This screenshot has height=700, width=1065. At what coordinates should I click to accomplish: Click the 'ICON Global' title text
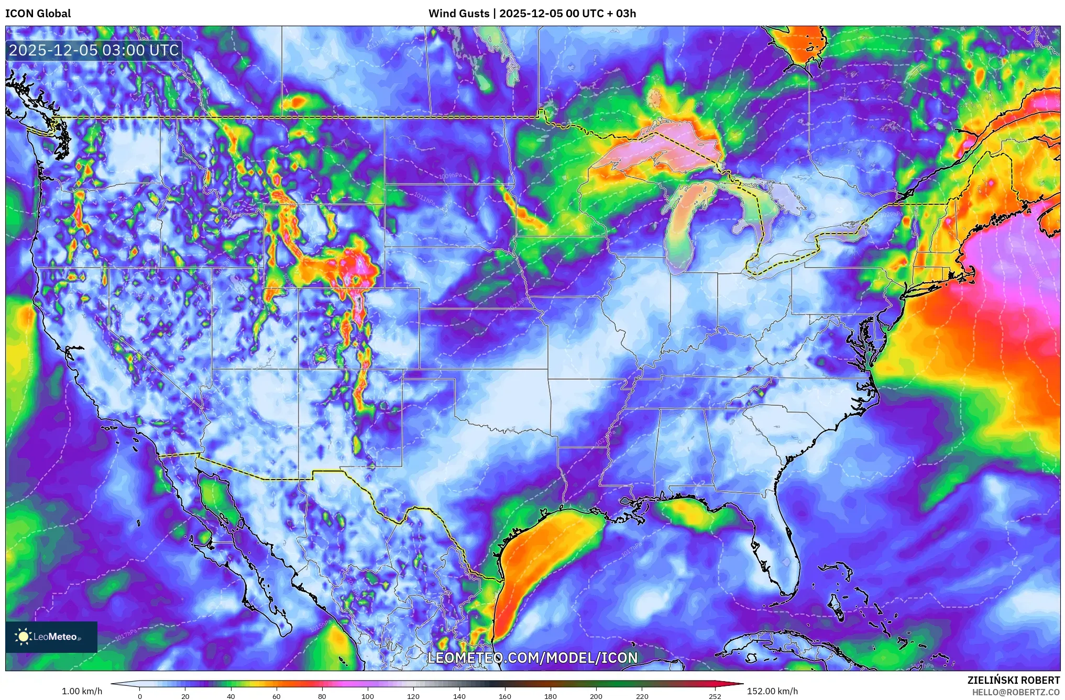(38, 14)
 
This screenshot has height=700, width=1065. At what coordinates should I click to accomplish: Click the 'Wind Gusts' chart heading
(458, 14)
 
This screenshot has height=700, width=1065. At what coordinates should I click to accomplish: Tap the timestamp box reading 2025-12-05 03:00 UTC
(94, 50)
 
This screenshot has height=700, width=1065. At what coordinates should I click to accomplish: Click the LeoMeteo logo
(51, 637)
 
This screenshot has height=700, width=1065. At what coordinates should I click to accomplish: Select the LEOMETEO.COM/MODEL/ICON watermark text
(532, 658)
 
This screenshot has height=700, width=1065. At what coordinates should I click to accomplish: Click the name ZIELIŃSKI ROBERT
(1013, 680)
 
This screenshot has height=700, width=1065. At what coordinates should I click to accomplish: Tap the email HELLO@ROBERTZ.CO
(1015, 692)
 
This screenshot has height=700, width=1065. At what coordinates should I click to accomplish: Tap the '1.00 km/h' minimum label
(82, 691)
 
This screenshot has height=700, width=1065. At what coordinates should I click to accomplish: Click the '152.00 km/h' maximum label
(772, 691)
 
